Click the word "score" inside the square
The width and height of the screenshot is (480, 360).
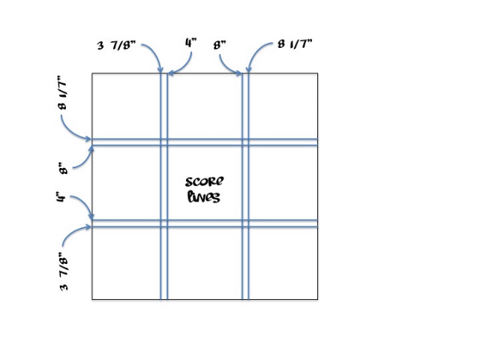[x=204, y=181]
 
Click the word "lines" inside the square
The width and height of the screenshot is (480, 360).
[x=203, y=196]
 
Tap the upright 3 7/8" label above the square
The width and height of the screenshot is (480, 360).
[x=116, y=45]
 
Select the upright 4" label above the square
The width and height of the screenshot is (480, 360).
[x=190, y=43]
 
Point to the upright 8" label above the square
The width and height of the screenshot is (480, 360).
[x=220, y=45]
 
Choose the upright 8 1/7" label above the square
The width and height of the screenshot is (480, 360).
[x=295, y=44]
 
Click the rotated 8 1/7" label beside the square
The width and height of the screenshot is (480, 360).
[x=62, y=92]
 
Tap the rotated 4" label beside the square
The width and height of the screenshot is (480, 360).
[x=61, y=196]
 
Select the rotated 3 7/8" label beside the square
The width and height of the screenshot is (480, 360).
[x=64, y=271]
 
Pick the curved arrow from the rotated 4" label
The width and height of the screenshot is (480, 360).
[x=85, y=202]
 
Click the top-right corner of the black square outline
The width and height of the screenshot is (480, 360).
[x=318, y=73]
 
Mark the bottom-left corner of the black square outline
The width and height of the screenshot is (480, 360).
[x=92, y=299]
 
